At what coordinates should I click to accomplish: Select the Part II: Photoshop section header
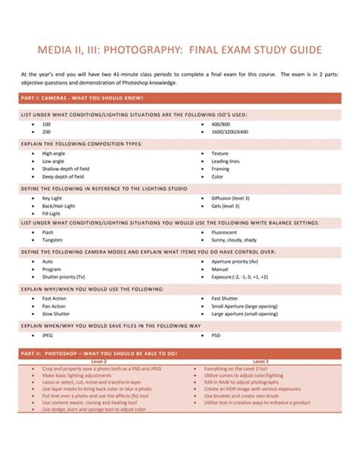(x=99, y=353)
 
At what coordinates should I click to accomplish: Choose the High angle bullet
(x=54, y=153)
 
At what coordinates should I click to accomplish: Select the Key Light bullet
(x=52, y=198)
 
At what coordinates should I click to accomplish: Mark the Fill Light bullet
(x=52, y=214)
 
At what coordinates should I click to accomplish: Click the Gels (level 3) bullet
(x=226, y=205)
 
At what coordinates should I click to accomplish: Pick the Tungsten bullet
(x=52, y=239)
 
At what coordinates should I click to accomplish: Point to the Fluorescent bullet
(x=225, y=231)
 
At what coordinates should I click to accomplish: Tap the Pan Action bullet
(x=54, y=305)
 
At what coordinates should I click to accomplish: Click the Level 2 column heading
(x=98, y=361)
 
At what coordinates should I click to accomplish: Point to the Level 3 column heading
(x=260, y=361)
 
